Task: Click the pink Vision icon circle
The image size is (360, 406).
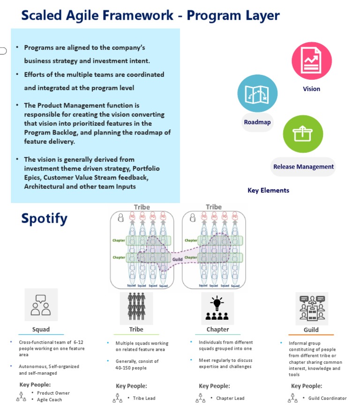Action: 312,60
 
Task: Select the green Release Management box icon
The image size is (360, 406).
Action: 303,135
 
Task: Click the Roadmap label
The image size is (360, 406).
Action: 257,122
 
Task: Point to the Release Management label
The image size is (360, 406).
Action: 303,166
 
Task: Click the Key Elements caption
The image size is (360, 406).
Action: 268,190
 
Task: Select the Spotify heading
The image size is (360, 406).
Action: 44,218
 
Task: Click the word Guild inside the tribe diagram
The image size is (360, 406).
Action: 177,259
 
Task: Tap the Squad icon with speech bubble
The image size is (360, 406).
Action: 41,305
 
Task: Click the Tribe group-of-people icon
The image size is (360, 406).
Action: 136,307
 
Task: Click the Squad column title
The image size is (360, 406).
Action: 41,329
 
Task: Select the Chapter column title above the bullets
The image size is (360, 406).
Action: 217,329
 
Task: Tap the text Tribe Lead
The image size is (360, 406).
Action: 144,398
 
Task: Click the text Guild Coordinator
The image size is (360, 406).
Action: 327,398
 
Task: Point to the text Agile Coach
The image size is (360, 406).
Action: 50,399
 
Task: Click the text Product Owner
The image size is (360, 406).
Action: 53,393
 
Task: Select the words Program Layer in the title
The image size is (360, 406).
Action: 233,15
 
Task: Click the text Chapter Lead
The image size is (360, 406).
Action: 230,398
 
